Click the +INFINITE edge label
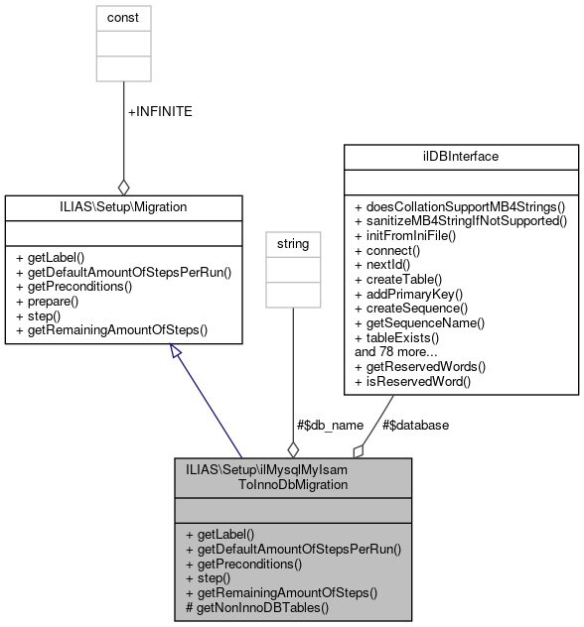pyautogui.click(x=160, y=111)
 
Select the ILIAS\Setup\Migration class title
pyautogui.click(x=123, y=206)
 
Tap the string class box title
pyautogui.click(x=293, y=242)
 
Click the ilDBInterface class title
pyautogui.click(x=460, y=157)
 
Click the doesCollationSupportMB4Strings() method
pyautogui.click(x=460, y=206)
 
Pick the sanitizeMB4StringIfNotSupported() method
pyautogui.click(x=461, y=221)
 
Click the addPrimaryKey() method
pyautogui.click(x=405, y=296)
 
